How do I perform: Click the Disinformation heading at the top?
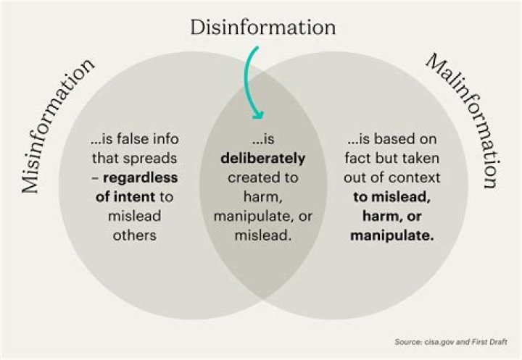coord(262,28)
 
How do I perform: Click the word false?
coord(140,138)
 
